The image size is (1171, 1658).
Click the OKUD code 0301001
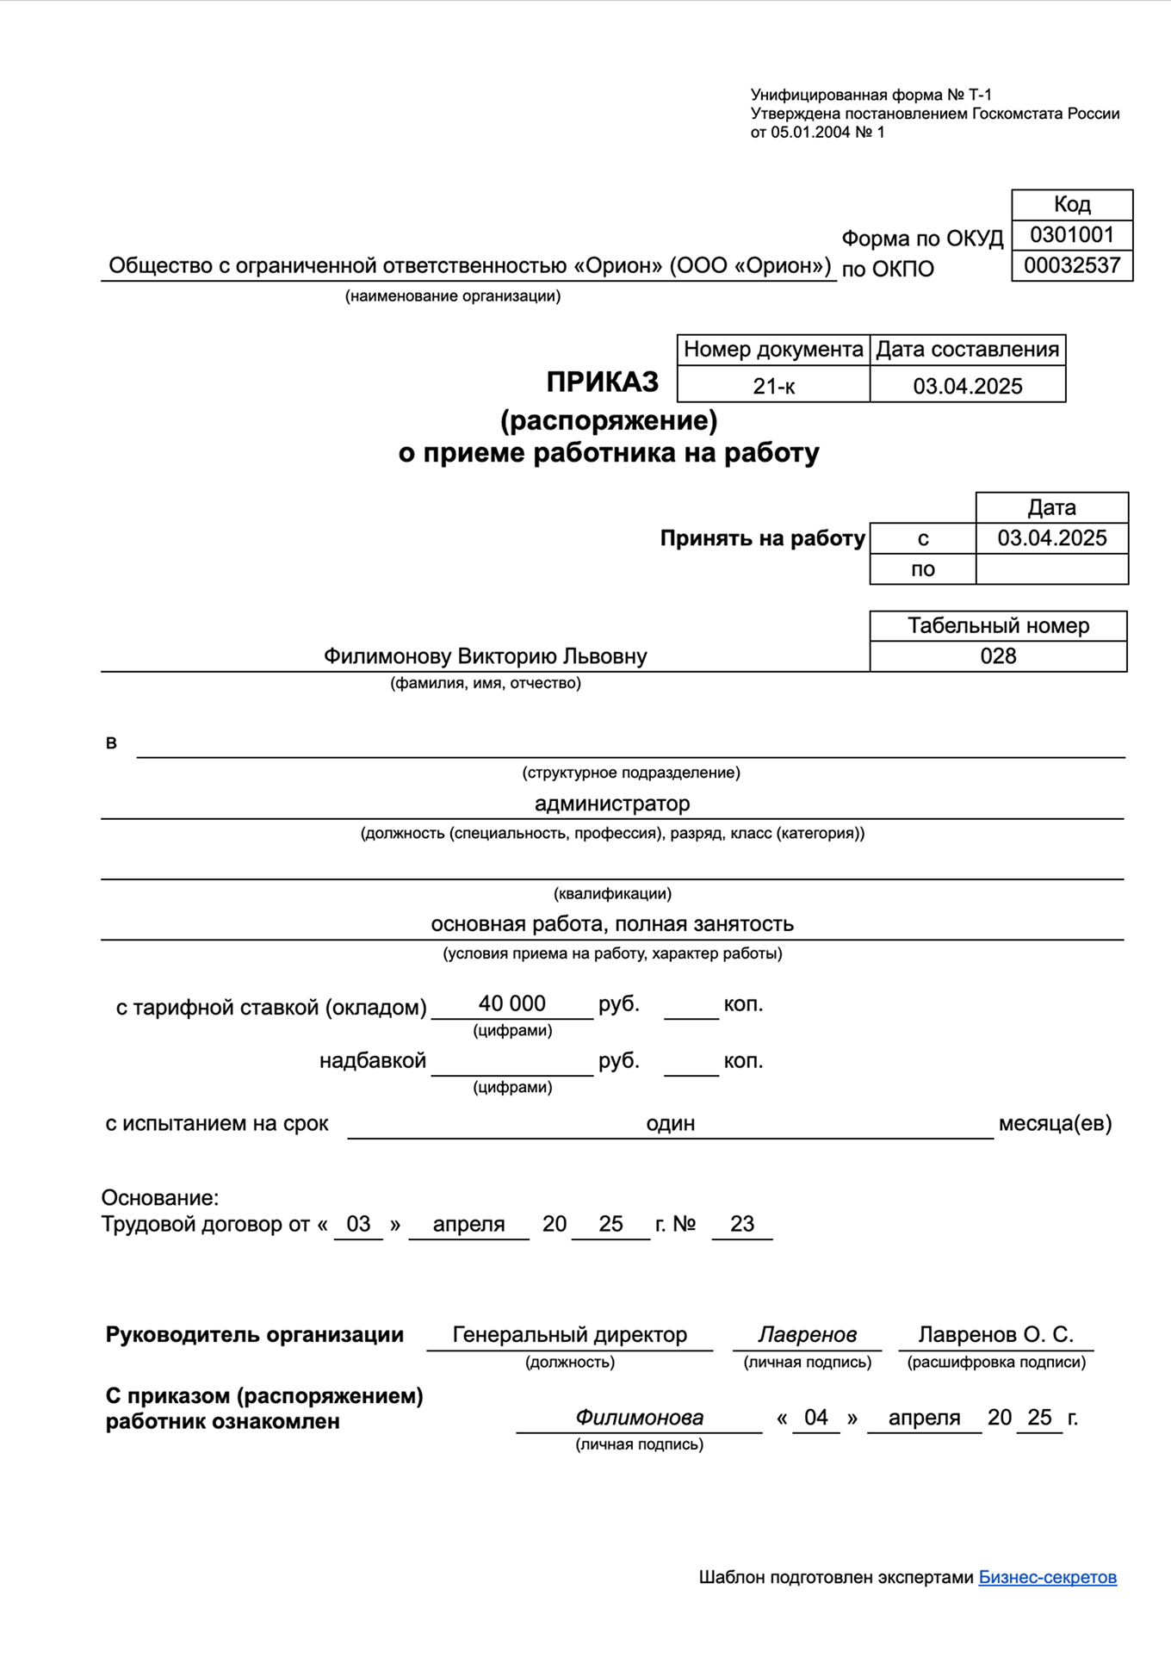click(1072, 235)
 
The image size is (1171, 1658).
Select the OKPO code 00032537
click(1072, 265)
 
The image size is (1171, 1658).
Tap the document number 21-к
click(773, 386)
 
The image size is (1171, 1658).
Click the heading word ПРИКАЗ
click(602, 382)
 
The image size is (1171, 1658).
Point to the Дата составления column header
click(967, 350)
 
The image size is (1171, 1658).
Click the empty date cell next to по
click(1051, 569)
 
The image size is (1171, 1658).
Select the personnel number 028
click(998, 656)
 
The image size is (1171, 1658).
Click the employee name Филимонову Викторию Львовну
click(485, 656)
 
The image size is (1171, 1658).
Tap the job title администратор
click(612, 804)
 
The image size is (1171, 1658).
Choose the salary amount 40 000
click(511, 1003)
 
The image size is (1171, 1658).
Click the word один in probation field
click(670, 1123)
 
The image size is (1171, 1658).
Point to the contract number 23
click(741, 1224)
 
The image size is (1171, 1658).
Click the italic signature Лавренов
click(807, 1335)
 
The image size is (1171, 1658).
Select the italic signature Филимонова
click(639, 1418)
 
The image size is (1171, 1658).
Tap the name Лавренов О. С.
click(995, 1335)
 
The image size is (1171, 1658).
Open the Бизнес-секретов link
click(1047, 1577)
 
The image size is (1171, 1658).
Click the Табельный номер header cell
click(998, 626)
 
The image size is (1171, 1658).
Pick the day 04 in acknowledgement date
click(815, 1418)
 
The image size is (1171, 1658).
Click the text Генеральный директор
click(569, 1335)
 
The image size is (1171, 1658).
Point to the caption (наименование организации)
click(453, 296)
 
